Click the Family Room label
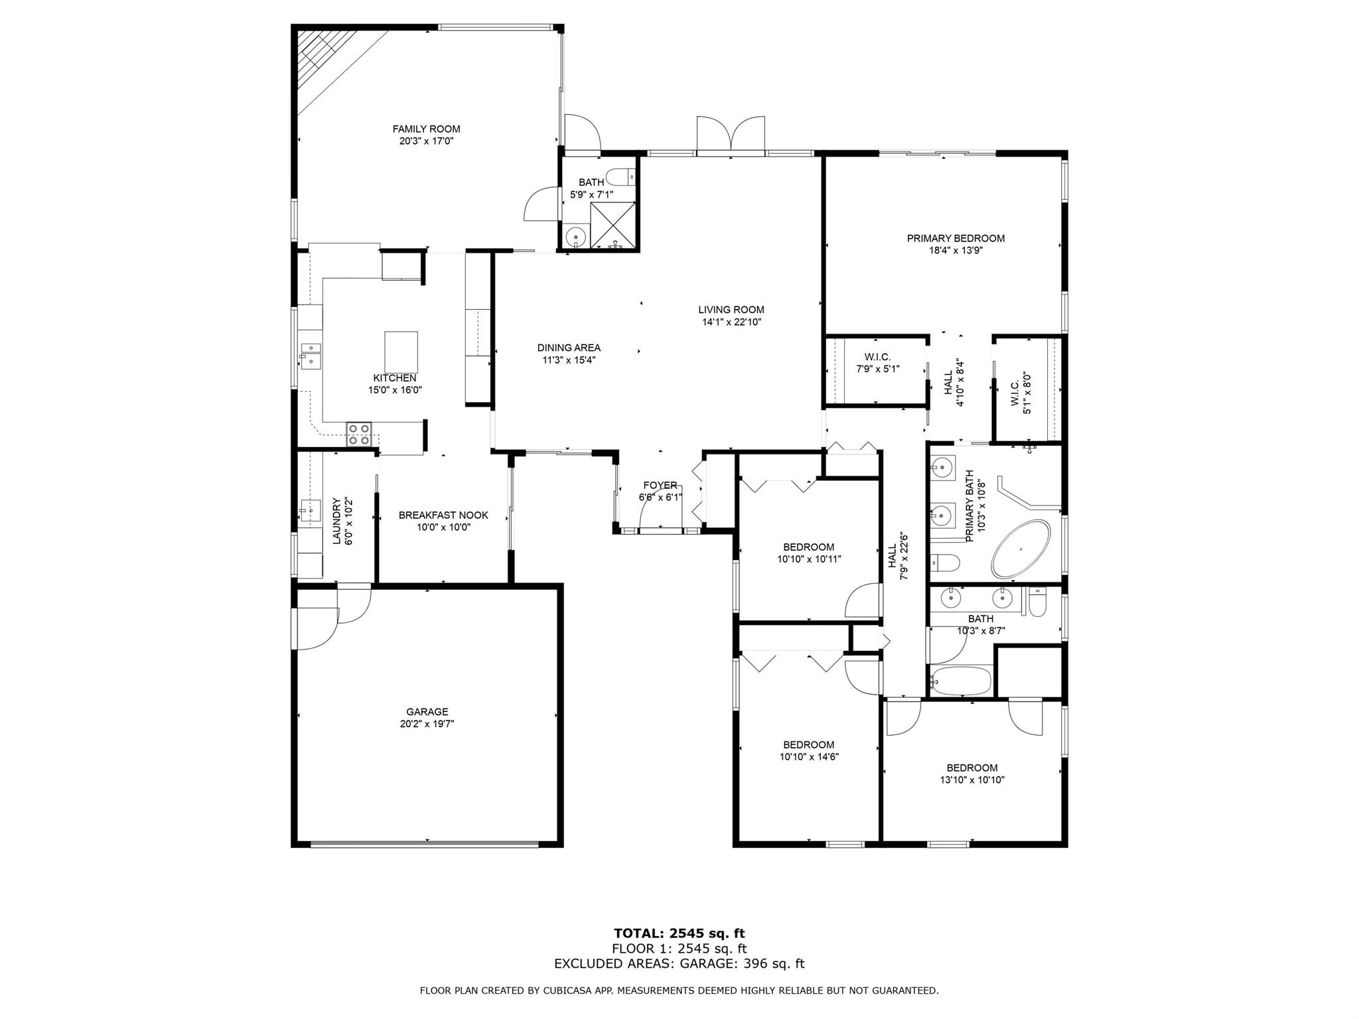click(x=426, y=129)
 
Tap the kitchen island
click(x=401, y=352)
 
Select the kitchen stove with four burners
click(x=359, y=434)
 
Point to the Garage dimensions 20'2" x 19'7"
click(x=427, y=724)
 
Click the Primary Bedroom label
click(x=956, y=238)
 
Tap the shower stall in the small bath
click(x=612, y=226)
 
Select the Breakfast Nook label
click(x=443, y=515)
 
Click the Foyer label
click(x=660, y=486)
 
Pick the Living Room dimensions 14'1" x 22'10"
click(x=731, y=322)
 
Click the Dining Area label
click(x=569, y=348)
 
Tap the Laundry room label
click(x=336, y=521)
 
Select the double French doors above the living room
click(x=731, y=137)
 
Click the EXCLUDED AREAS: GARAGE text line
click(x=679, y=964)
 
